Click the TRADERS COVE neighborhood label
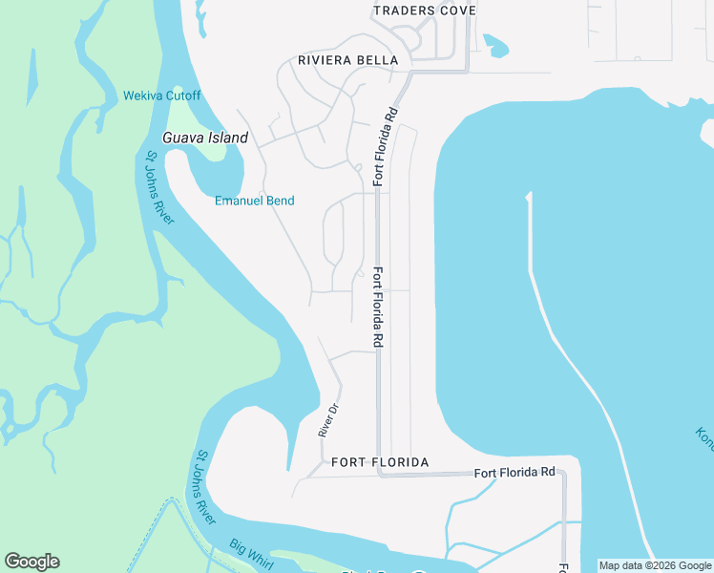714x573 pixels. coord(424,11)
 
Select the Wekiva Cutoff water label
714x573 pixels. coord(162,95)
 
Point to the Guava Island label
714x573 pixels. coord(205,138)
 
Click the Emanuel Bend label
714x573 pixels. coord(254,201)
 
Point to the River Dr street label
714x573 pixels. coord(328,421)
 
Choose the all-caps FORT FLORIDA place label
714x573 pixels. coord(380,462)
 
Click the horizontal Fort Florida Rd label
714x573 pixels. coord(514,473)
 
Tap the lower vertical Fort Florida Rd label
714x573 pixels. coord(379,307)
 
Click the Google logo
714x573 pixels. coord(31,562)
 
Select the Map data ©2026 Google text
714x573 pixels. coord(655,565)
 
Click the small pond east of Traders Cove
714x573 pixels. coord(496,45)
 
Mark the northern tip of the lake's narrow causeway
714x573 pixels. coord(527,197)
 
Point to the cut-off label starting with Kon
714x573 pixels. coord(704,439)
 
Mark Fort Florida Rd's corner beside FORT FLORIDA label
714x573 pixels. coord(379,472)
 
